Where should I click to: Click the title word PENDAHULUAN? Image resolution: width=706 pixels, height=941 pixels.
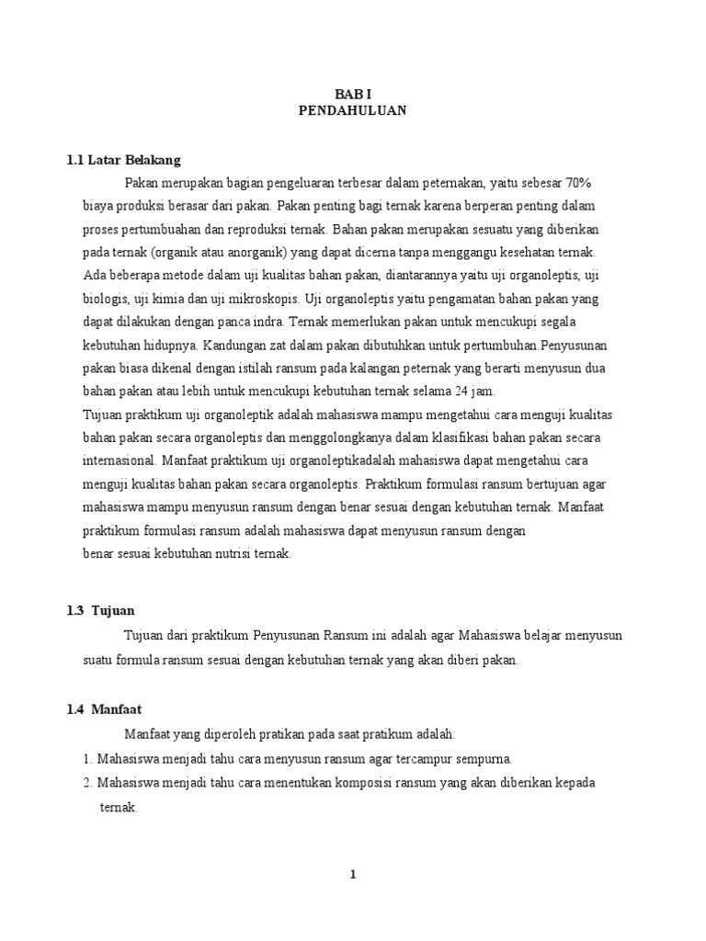pos(352,110)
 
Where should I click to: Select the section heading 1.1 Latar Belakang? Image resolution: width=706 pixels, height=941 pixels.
pos(124,159)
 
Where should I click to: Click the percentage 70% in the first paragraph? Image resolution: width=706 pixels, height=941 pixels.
pos(586,182)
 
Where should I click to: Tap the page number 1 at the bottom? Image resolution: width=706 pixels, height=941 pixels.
pos(352,875)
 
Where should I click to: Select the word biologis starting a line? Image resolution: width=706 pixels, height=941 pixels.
pos(104,299)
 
